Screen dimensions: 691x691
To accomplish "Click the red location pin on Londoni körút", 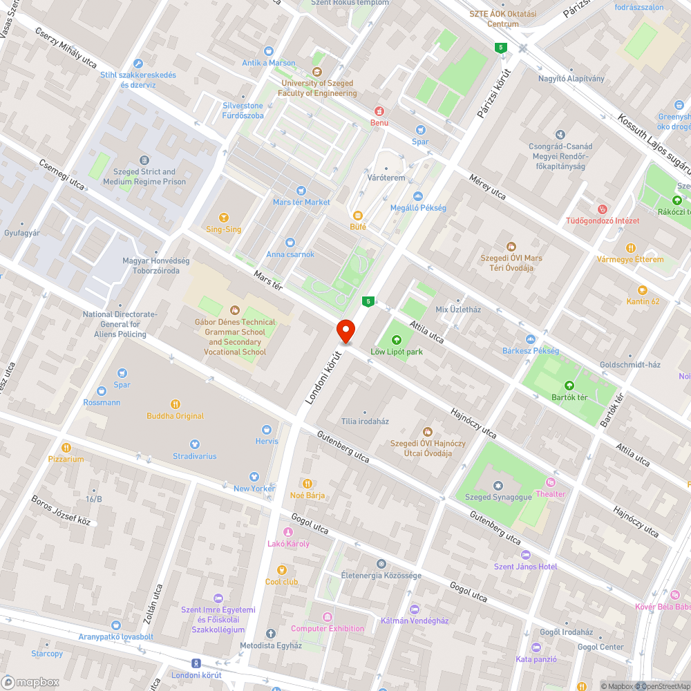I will [345, 331].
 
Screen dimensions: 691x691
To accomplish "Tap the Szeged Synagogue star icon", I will [498, 486].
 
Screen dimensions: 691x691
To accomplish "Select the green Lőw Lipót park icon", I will [397, 340].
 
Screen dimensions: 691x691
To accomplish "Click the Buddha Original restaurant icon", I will [176, 404].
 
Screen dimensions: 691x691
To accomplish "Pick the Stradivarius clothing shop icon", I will [195, 444].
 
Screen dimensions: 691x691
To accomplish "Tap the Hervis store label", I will [266, 441].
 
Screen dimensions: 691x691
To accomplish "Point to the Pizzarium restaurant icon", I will [66, 447].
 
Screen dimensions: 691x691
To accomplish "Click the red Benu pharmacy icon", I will [379, 111].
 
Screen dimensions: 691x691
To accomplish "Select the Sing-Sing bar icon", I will [223, 218].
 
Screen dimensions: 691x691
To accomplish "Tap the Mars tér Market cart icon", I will [301, 191].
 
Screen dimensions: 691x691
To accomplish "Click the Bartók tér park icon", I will [569, 386].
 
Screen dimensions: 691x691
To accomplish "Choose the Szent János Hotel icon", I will [525, 555].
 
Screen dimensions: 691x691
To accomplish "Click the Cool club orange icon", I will [281, 570].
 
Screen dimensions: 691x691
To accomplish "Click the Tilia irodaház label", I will [365, 421].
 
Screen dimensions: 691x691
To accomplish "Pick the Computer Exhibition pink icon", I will [328, 616].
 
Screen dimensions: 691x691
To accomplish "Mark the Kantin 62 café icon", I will [643, 290].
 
